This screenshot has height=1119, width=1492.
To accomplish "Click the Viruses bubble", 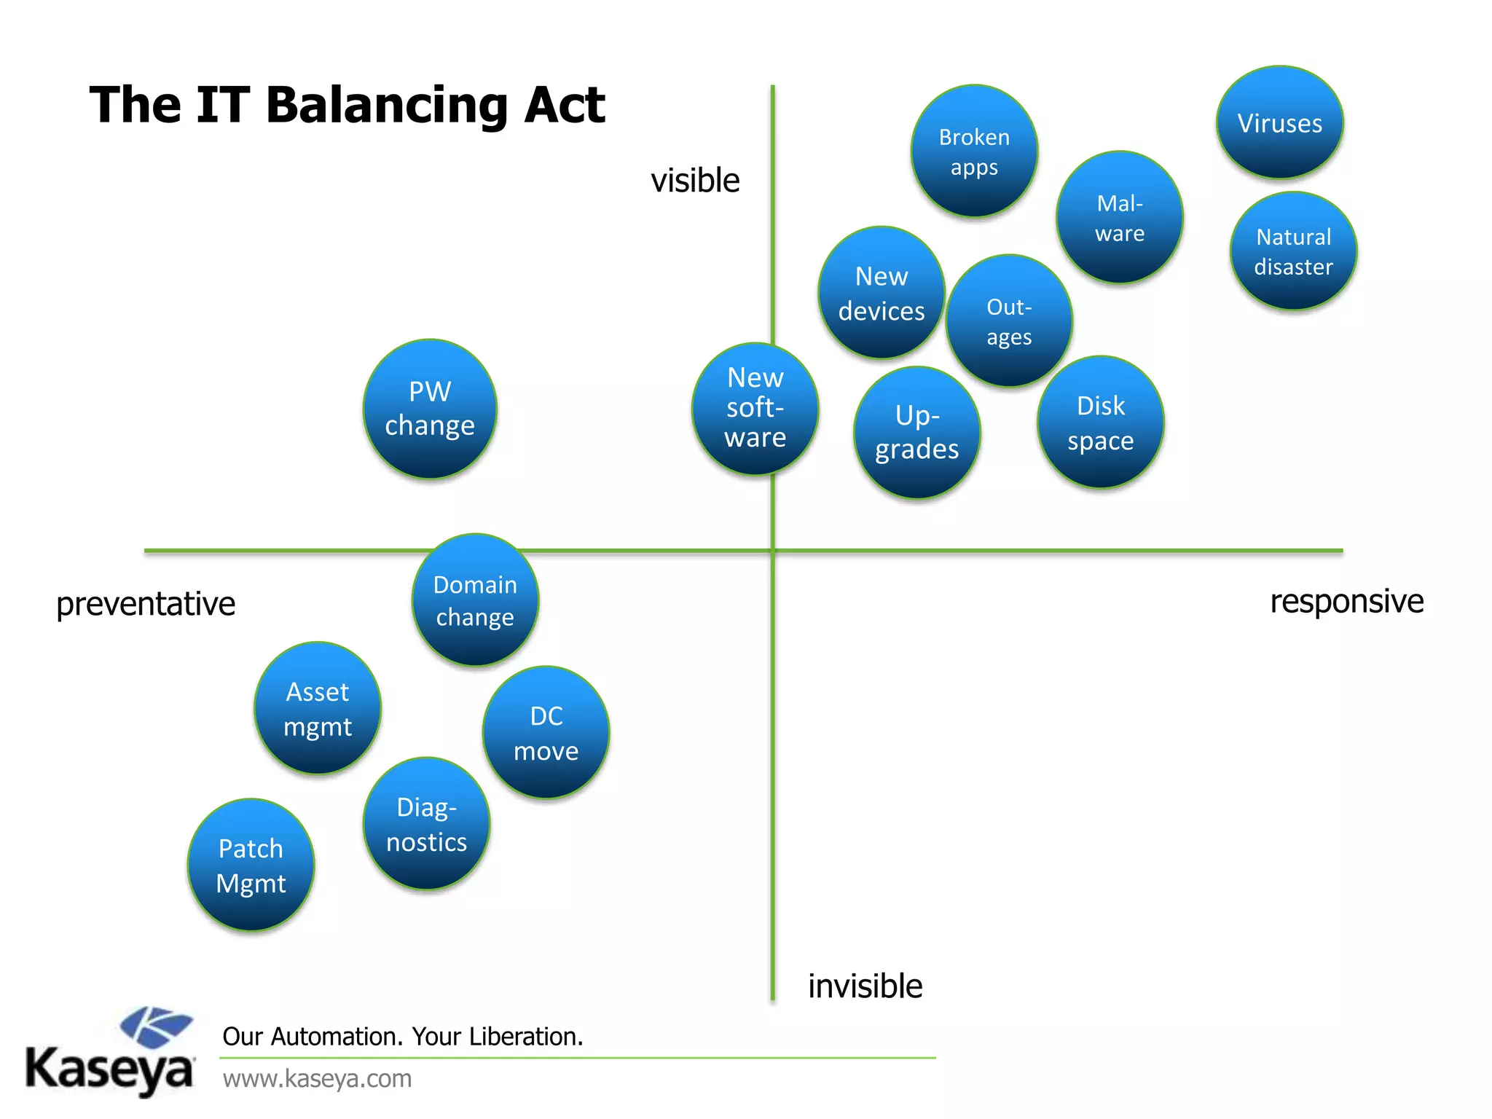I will click(x=1280, y=122).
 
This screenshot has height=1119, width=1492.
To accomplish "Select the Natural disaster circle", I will click(x=1293, y=251).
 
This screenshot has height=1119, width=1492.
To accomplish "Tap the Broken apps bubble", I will click(x=974, y=152).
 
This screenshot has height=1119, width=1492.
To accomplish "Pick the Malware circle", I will click(x=1120, y=217).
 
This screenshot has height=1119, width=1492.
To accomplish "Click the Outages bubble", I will click(x=1009, y=321).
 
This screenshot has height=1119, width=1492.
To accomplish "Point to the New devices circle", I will click(x=882, y=293).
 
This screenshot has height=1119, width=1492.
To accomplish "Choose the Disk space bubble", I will click(x=1101, y=423).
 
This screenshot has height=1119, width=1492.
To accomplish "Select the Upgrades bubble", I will click(x=917, y=433).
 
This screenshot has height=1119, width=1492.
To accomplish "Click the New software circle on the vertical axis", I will click(x=755, y=409).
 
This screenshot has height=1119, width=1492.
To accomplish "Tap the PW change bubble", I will click(x=430, y=409).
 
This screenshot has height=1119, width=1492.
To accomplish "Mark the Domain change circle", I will click(x=475, y=600).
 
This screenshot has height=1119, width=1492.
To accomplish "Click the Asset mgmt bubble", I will click(x=318, y=708).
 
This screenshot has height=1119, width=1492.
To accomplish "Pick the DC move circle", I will click(x=546, y=733).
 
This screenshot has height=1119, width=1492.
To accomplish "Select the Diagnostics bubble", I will click(x=427, y=824).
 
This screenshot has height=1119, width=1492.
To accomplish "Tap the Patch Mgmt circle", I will click(x=251, y=865).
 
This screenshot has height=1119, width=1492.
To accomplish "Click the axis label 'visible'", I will click(x=695, y=180).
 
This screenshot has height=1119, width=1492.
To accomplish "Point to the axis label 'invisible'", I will click(x=865, y=986).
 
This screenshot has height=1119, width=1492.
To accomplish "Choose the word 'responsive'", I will click(x=1346, y=602).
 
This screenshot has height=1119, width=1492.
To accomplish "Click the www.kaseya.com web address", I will click(x=317, y=1078).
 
